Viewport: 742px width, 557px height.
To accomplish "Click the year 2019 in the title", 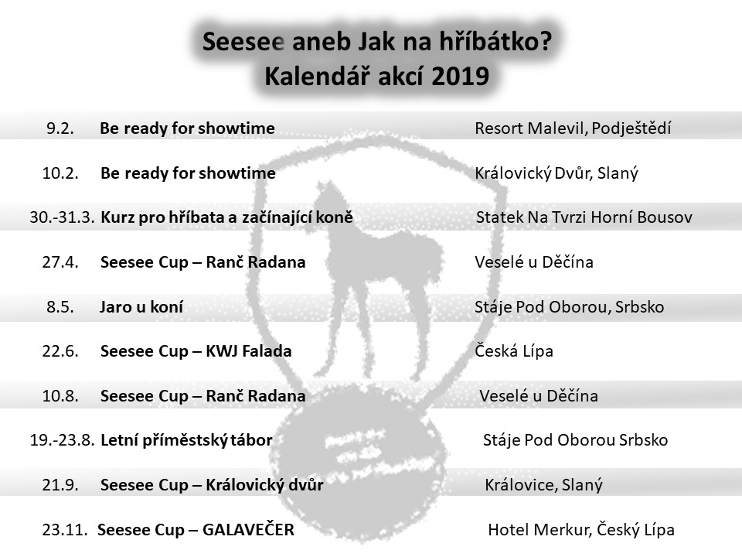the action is pos(460,76).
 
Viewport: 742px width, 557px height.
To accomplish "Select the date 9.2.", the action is pos(60,128).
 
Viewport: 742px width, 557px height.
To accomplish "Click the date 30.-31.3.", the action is pos(62,217).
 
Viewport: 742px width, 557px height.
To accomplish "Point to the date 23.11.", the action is pos(65,529).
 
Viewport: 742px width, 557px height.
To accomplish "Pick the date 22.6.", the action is pos(60,351).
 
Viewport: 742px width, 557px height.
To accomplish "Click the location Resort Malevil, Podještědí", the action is pos(573,128).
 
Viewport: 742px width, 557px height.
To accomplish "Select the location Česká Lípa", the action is pos(514,351).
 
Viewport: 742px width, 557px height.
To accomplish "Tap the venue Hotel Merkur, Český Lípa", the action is pos(581,529).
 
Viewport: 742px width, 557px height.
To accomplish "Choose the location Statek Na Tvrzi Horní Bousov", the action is pos(584,217).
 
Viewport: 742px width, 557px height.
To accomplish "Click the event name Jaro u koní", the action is pos(141,307).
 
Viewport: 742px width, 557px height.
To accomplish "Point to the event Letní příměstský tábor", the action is pos(186,440).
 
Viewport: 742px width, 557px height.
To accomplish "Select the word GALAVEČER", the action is pos(248,529).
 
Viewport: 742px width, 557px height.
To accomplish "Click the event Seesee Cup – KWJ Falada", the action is pos(196,351).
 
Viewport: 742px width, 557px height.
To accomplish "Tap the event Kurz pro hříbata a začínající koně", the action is pos(226,217).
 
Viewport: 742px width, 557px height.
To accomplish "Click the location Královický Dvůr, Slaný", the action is pos(556,173).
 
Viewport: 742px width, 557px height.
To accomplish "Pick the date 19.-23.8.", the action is pos(62,440).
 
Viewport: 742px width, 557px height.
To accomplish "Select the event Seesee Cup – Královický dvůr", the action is pos(212,485).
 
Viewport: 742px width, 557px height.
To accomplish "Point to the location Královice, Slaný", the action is pos(543,485).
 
